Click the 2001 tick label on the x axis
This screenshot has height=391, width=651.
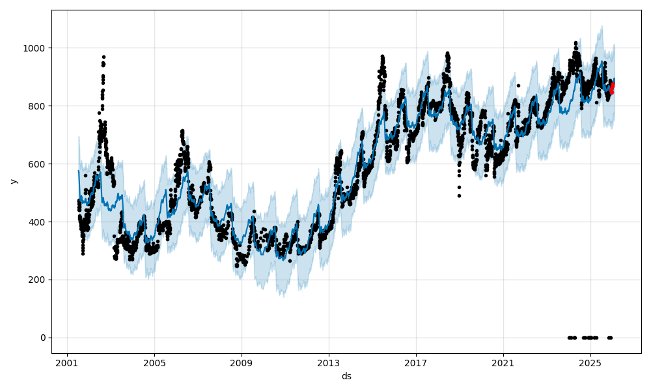pos(67,363)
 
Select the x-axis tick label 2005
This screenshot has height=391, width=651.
pos(154,363)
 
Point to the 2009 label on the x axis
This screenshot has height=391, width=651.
pos(242,363)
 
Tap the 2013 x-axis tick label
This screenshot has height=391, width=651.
pos(329,363)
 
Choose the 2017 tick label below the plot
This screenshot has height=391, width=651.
pos(416,363)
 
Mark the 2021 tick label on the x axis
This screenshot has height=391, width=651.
pos(503,363)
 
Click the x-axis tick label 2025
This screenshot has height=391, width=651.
pos(590,363)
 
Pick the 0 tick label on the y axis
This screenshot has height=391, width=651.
pos(43,338)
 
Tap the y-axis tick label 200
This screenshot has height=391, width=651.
pos(38,280)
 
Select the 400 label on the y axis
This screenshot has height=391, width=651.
pos(38,222)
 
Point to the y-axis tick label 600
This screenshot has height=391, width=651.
pos(38,164)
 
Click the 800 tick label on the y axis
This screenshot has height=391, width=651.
pos(38,106)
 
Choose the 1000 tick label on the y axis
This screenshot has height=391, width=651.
pos(36,48)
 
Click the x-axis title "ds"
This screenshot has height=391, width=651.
pos(346,376)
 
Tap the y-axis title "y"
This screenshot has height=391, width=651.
pos(13,181)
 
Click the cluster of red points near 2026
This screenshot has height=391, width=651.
pos(612,87)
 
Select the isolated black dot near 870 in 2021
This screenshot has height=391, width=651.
pos(518,85)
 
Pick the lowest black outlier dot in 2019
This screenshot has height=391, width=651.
pos(459,195)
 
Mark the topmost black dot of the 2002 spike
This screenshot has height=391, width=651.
pos(104,57)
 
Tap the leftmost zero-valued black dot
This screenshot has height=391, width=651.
pos(569,338)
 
